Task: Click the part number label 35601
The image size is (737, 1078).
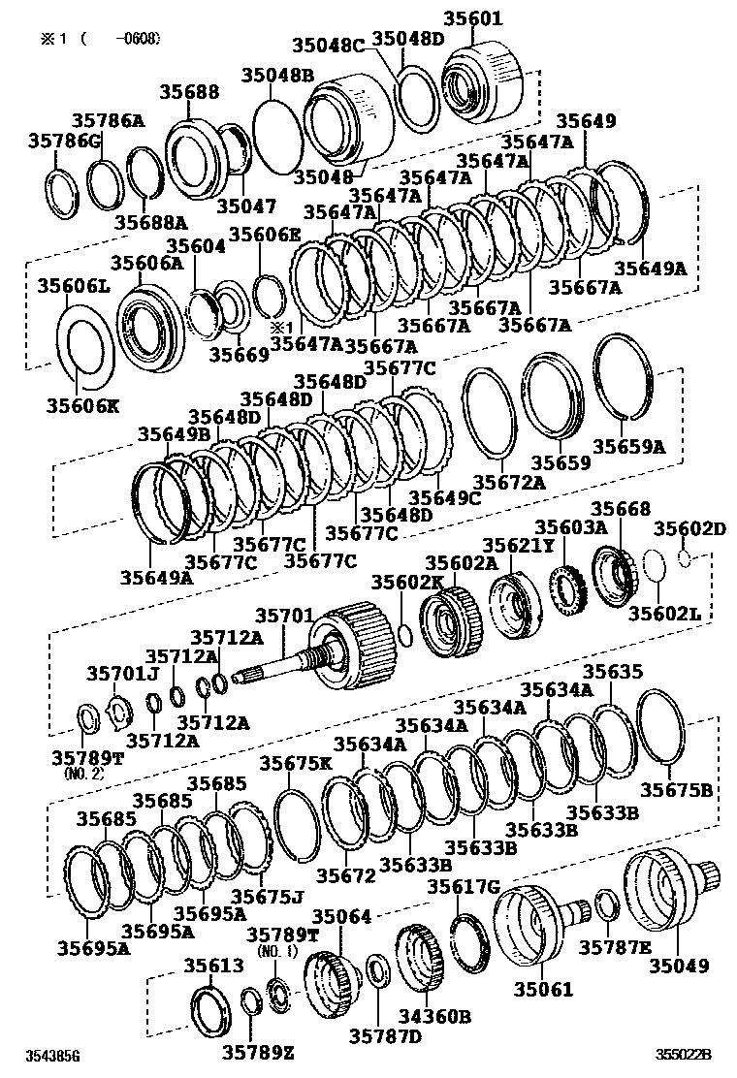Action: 472,18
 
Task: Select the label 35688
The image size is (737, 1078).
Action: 190,92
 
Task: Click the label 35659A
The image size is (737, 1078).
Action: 629,447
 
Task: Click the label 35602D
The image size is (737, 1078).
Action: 689,528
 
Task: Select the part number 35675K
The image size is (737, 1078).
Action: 296,763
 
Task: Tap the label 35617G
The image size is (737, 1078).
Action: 464,887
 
